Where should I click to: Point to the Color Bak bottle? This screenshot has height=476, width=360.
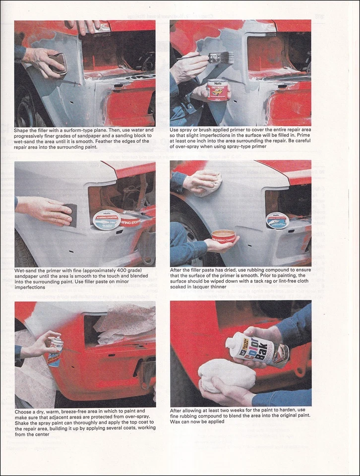click(x=256, y=349)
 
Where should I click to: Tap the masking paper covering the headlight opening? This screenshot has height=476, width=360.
click(x=125, y=325)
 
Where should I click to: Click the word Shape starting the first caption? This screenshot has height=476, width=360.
click(x=23, y=130)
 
